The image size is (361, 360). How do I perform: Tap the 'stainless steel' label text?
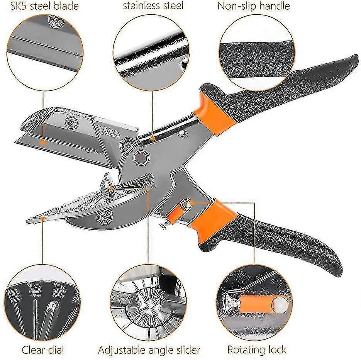[153, 6]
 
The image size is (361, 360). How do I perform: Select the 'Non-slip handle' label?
[254, 6]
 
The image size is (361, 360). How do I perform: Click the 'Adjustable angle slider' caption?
[149, 350]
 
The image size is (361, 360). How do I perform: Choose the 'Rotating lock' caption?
[257, 350]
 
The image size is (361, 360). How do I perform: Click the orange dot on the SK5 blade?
[43, 142]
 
